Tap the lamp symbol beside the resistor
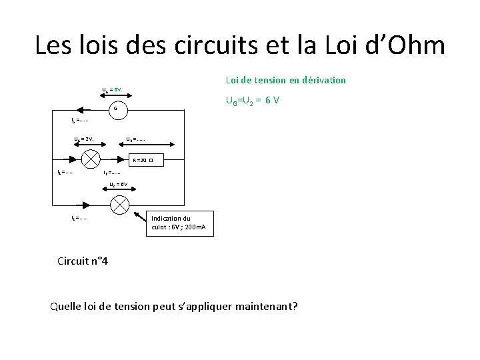click(x=90, y=159)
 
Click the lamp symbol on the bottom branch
click(x=119, y=205)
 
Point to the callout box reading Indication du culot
click(x=179, y=223)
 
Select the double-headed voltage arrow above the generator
click(x=117, y=95)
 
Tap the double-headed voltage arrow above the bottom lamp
click(x=119, y=189)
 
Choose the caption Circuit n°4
click(x=83, y=261)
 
